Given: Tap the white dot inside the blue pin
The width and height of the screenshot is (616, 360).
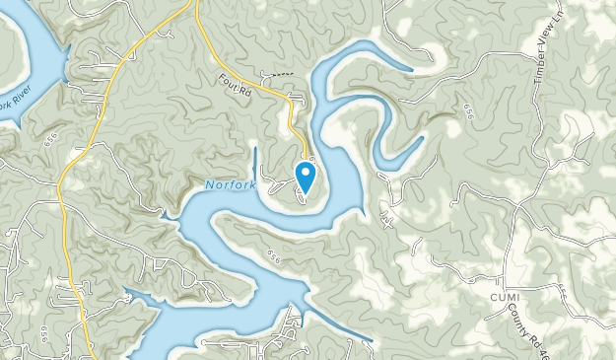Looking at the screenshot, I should (306, 175).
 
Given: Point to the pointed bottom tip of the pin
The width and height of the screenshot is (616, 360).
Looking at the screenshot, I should (306, 192).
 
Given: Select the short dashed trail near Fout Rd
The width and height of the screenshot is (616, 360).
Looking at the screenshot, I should (281, 73).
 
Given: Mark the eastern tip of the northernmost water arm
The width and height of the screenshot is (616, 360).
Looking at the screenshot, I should (410, 68).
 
